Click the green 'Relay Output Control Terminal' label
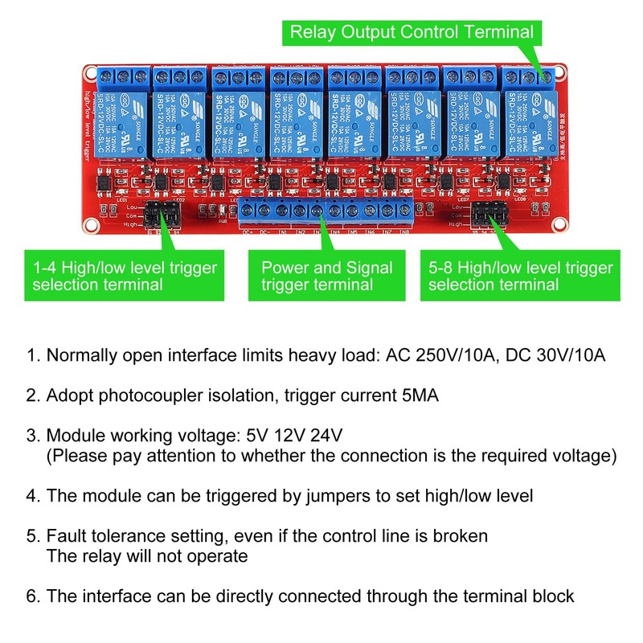click(x=411, y=33)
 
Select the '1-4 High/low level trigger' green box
click(x=125, y=276)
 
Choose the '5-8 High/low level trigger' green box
click(x=520, y=276)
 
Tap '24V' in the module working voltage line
click(x=326, y=436)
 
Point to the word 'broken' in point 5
click(x=461, y=535)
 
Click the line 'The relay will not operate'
click(x=147, y=556)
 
